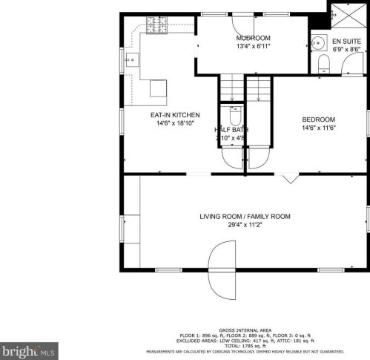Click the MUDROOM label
point(253,38)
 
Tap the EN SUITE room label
point(346,41)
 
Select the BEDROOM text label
point(318,120)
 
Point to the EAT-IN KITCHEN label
point(175,115)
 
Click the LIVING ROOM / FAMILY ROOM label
point(244,217)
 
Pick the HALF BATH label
point(231,129)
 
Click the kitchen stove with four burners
point(156,27)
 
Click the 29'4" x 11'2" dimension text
point(244,226)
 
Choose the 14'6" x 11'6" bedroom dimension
point(318,128)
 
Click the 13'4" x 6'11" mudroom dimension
point(253,47)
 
